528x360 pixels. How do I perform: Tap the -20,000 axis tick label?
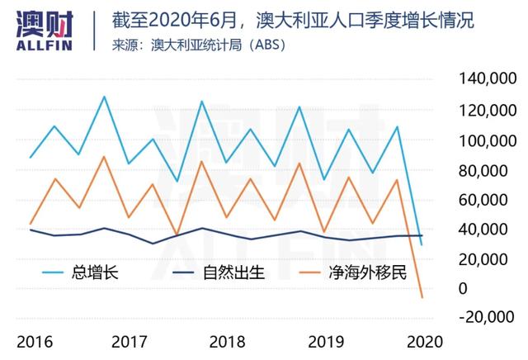coord(487,318)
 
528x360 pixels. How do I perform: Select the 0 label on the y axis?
coord(464,288)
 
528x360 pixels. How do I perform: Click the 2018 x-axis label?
coord(224,341)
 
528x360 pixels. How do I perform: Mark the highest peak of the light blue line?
coord(104,97)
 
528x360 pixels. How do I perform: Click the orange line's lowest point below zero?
coord(422,297)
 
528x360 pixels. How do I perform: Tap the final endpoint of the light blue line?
coord(422,244)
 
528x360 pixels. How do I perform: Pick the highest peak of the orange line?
coord(104,156)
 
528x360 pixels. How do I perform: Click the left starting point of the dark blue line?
coord(31,230)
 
